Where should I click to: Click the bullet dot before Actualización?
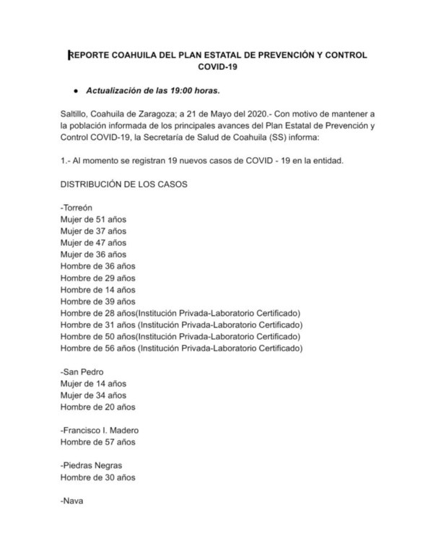tap(75, 91)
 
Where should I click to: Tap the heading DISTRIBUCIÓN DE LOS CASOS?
tap(125, 184)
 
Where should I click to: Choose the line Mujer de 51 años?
tap(94, 219)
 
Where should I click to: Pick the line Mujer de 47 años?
tap(94, 242)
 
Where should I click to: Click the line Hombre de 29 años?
tap(97, 278)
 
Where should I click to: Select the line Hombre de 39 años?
tap(97, 301)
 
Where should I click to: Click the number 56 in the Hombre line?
tap(109, 348)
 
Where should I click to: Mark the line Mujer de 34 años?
tap(94, 394)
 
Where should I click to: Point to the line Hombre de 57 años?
tap(97, 441)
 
